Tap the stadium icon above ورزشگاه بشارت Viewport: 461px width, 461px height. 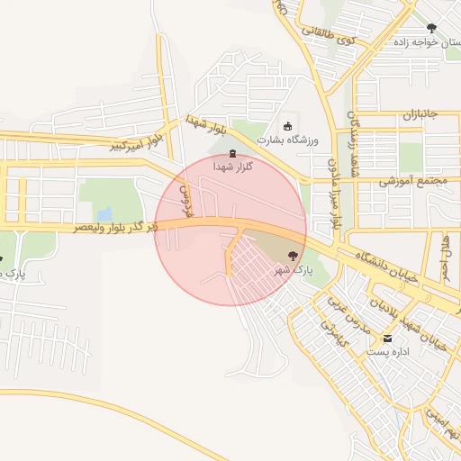click(287, 126)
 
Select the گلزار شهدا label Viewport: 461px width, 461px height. click(233, 167)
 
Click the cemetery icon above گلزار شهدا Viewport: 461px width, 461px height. click(234, 153)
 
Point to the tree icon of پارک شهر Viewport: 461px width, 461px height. click(292, 257)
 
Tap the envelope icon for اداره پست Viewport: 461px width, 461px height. click(388, 339)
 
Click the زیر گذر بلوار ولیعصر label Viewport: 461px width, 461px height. click(115, 228)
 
